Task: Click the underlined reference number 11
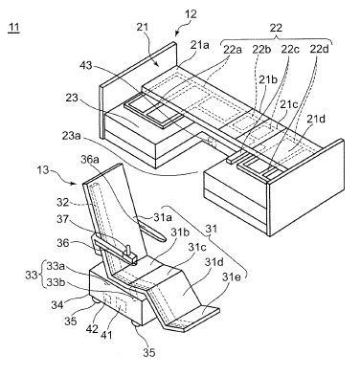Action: click(13, 28)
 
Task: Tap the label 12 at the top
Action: click(191, 14)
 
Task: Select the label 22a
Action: click(233, 50)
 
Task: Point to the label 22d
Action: click(320, 50)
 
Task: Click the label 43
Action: click(85, 66)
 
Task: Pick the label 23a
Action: click(71, 136)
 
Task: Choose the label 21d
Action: click(316, 119)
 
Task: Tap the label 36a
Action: click(90, 160)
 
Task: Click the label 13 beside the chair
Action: click(42, 170)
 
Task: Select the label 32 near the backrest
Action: click(63, 202)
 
